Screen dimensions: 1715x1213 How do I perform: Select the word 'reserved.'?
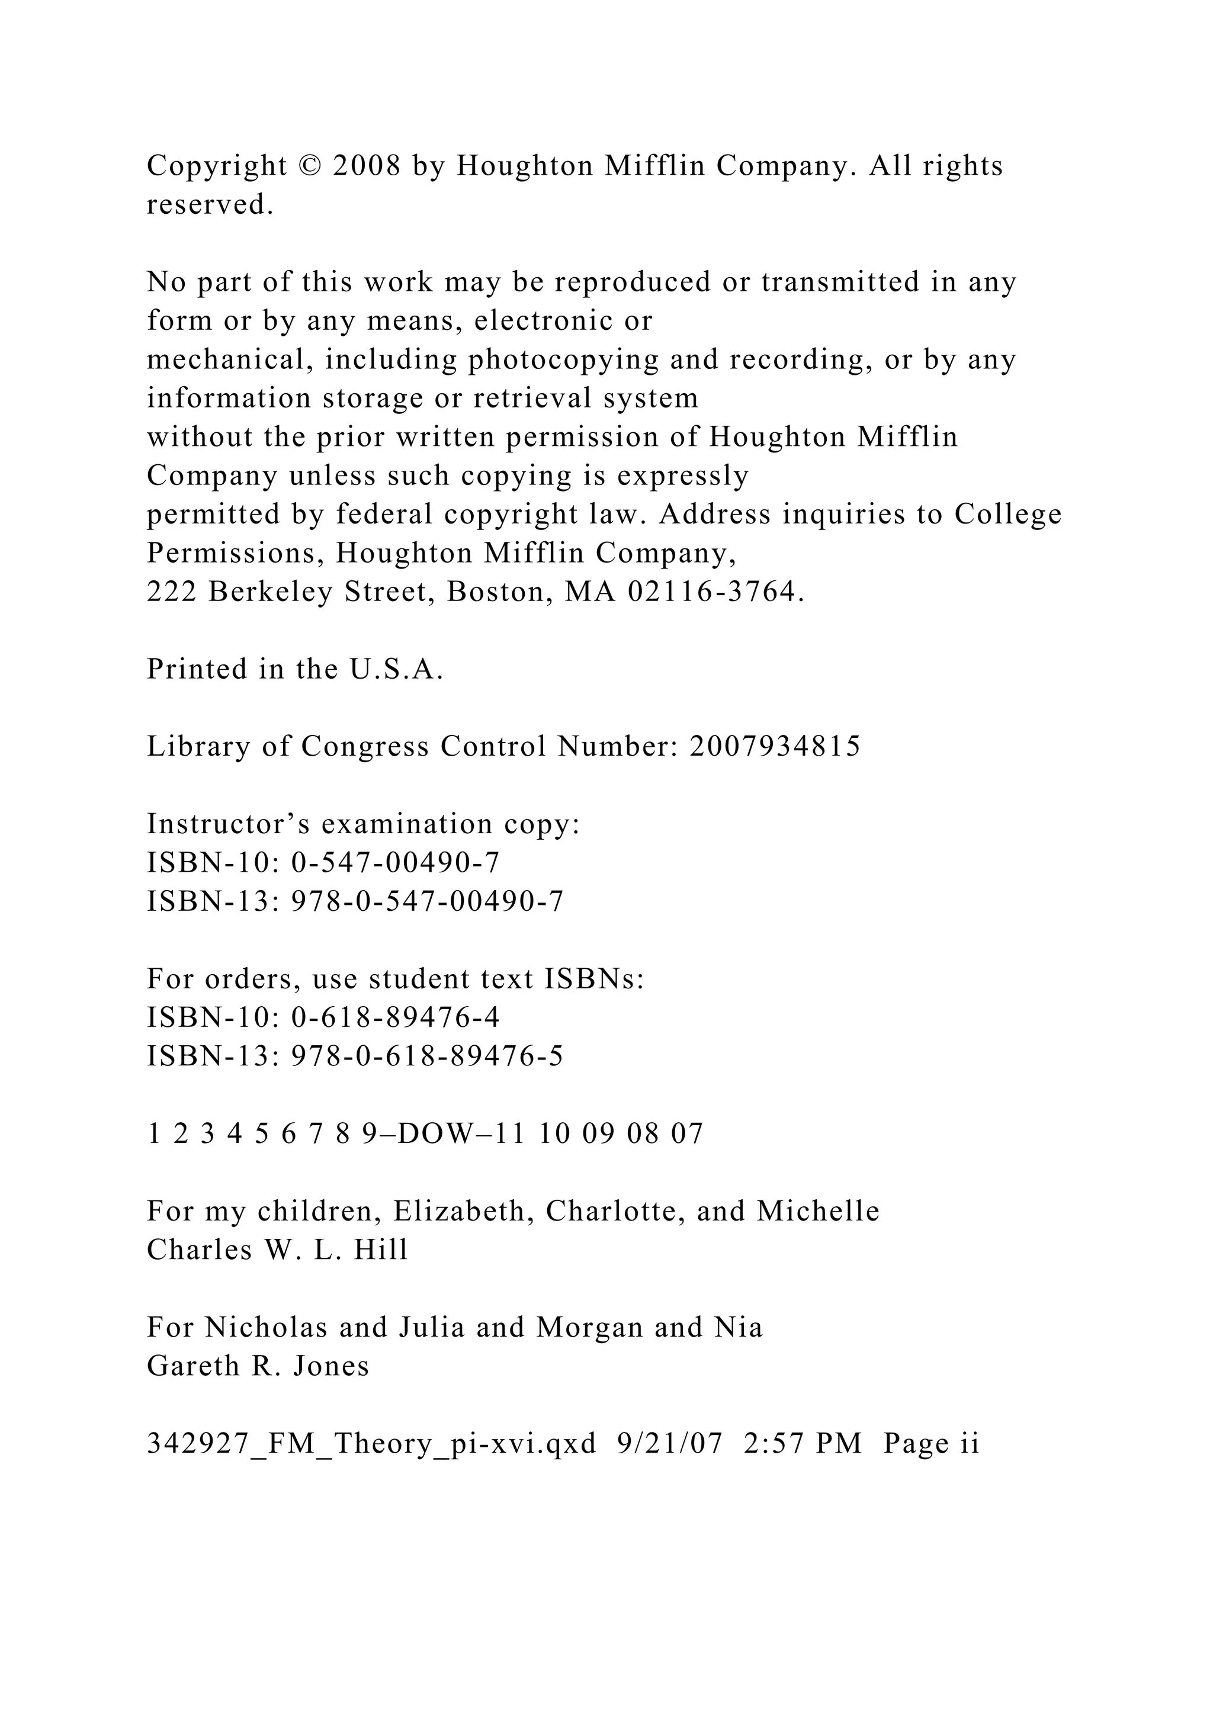pos(210,205)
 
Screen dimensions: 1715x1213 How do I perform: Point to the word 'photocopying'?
pos(563,360)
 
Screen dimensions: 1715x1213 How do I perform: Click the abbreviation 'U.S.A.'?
pos(397,670)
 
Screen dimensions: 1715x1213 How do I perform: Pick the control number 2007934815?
pos(775,747)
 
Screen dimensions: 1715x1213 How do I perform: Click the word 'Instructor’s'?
pos(229,825)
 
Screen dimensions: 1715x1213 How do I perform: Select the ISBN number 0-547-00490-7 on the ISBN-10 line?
pos(395,863)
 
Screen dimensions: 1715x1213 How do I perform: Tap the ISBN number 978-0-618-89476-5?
pos(426,1057)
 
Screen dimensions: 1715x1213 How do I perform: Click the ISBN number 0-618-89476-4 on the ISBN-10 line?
pos(395,1018)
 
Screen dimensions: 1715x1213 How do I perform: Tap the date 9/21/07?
pos(670,1444)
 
